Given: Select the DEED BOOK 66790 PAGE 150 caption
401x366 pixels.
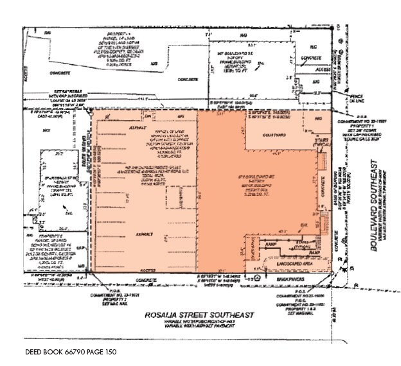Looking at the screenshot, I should pyautogui.click(x=71, y=353).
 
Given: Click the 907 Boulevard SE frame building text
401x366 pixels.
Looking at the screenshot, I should pyautogui.click(x=237, y=59).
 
